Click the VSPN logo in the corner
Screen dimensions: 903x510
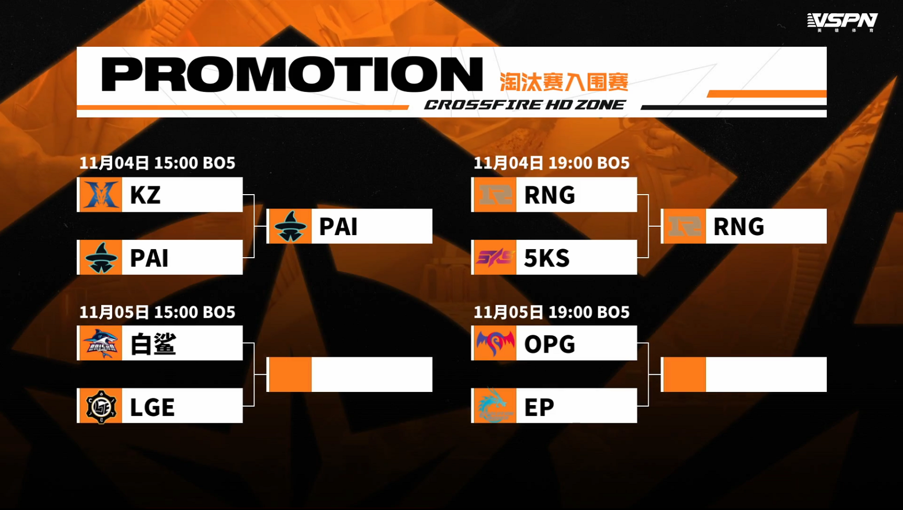coord(842,22)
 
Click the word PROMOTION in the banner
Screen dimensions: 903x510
coord(292,75)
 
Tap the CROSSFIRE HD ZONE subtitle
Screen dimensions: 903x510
coord(525,104)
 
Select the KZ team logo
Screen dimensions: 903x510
coord(100,195)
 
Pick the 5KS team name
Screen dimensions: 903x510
coord(547,258)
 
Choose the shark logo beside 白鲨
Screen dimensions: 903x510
coord(100,343)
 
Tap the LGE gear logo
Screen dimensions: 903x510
coord(100,406)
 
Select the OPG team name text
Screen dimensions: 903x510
coord(550,344)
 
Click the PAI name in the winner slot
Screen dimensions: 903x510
coord(338,227)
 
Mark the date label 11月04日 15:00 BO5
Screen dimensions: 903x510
coord(157,163)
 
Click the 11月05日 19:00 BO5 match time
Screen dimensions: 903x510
coord(551,312)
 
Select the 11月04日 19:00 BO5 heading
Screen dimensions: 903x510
coord(551,163)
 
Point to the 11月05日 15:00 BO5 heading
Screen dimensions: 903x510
coord(157,312)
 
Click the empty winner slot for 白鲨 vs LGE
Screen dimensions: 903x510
coord(350,375)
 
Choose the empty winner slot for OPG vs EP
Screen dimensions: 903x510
coord(744,375)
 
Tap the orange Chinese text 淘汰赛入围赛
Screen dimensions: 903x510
coord(564,82)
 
